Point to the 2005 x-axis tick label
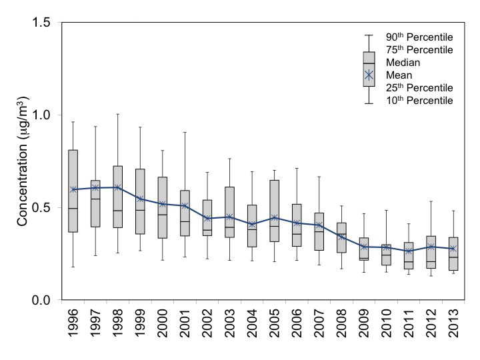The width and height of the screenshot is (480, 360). point(275,328)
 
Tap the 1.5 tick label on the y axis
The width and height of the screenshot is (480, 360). point(42,23)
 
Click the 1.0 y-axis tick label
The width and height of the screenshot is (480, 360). point(42,115)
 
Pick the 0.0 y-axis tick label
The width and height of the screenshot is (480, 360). point(42,301)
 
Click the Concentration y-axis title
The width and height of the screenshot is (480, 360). point(23,162)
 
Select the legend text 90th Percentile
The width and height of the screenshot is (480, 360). point(419,37)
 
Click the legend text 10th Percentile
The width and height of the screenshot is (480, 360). point(419,100)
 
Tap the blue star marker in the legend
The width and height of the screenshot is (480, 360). point(369,75)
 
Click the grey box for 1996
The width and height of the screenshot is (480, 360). point(73,191)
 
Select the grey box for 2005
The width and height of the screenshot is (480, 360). point(275,211)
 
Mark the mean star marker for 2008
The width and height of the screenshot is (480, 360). point(342,237)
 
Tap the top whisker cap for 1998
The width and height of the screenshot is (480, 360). point(118,114)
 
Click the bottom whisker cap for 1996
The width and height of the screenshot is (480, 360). point(73,267)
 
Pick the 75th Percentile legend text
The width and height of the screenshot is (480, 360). point(419,49)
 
